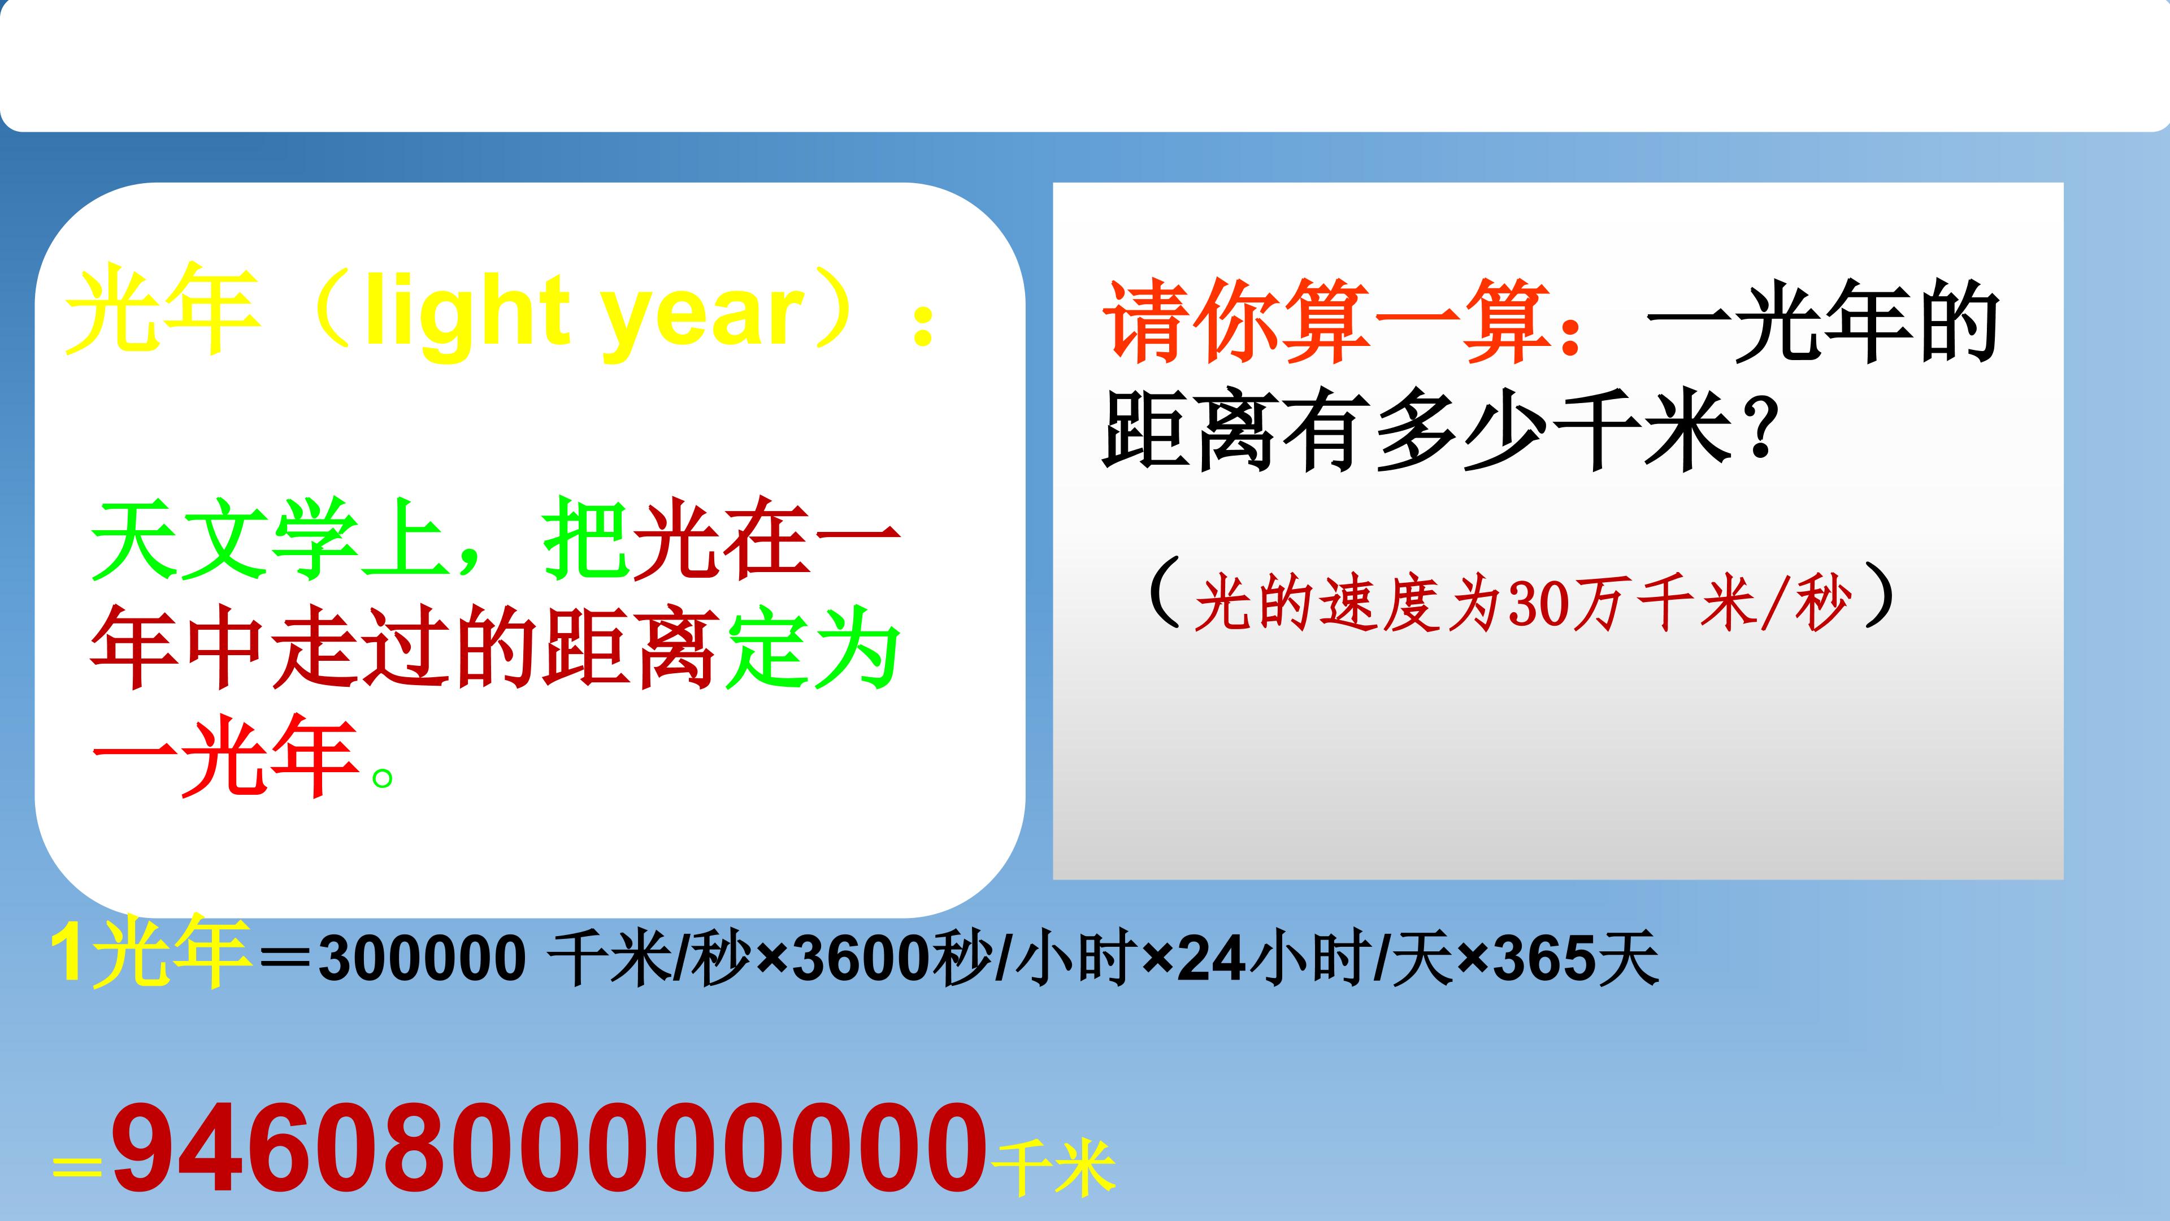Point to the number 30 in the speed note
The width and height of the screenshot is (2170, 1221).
point(1533,604)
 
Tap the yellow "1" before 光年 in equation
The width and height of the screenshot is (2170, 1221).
point(67,955)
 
